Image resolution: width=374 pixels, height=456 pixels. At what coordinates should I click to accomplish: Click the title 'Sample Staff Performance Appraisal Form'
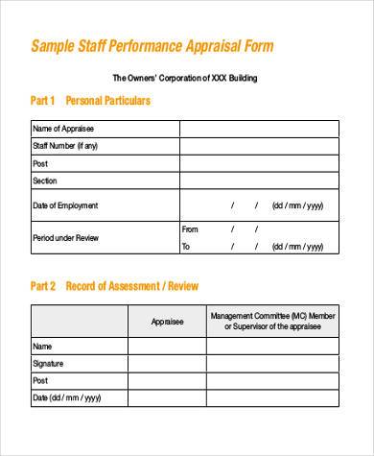click(152, 46)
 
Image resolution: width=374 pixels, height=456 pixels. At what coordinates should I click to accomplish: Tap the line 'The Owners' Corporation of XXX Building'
click(185, 77)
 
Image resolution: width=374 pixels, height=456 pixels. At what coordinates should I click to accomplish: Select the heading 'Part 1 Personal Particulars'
click(90, 101)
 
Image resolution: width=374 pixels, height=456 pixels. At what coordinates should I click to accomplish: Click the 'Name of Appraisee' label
click(63, 129)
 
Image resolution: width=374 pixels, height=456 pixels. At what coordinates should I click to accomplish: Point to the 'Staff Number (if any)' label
click(65, 146)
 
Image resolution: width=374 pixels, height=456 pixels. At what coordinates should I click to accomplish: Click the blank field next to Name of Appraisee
click(259, 129)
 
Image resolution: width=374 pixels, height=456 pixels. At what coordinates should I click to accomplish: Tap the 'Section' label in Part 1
click(45, 180)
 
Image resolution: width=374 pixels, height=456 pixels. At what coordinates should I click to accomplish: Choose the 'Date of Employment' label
click(65, 205)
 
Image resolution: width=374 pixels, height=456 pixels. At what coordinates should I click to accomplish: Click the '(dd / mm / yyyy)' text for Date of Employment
click(297, 205)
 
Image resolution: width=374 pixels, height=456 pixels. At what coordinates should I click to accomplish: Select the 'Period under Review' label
click(65, 237)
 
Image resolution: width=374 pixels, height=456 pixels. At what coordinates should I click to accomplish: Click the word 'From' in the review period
click(190, 229)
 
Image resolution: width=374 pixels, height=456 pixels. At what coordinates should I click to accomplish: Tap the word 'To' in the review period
click(186, 247)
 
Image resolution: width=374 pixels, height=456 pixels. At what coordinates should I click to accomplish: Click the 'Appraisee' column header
click(167, 322)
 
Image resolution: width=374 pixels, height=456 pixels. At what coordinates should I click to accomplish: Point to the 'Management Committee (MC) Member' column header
click(273, 315)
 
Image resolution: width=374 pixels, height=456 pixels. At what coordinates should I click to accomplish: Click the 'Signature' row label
click(49, 363)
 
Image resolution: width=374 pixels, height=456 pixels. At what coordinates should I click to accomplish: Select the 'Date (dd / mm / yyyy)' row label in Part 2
click(68, 397)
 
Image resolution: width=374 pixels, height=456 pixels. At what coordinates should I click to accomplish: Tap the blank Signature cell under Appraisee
click(167, 363)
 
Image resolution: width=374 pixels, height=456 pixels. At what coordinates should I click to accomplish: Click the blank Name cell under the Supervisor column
click(273, 346)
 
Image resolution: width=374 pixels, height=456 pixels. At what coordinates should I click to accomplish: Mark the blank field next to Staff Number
click(259, 146)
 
